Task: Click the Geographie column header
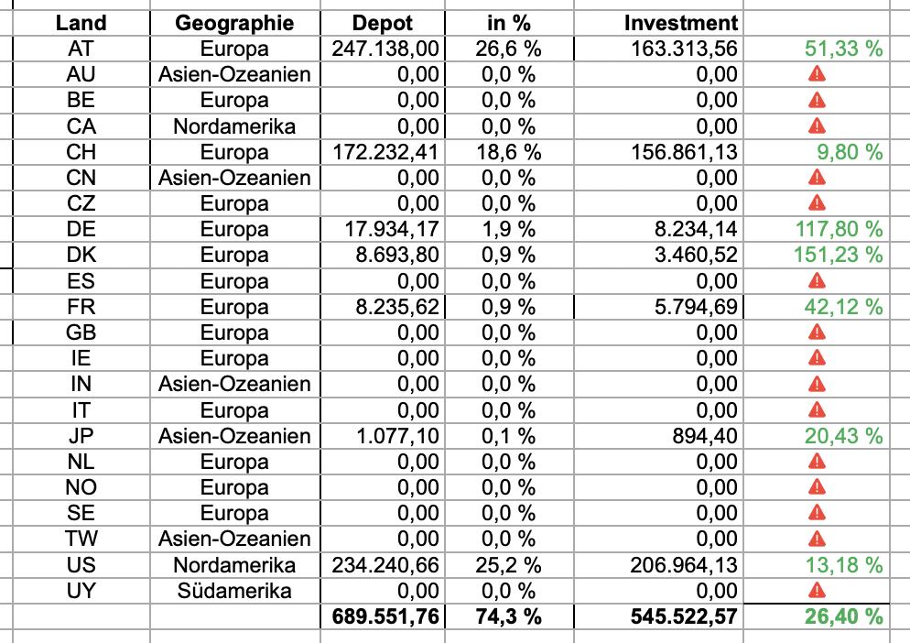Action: point(234,23)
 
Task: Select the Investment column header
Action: point(680,23)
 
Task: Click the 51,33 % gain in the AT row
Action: point(843,49)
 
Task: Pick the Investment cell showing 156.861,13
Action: point(684,152)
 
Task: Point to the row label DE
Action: point(81,229)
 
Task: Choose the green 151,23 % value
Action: point(843,255)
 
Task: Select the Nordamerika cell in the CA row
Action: point(234,126)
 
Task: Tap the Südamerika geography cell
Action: point(234,591)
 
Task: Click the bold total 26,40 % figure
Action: point(843,616)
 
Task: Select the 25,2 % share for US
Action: point(508,565)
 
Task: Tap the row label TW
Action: point(81,539)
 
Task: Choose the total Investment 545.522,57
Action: point(684,616)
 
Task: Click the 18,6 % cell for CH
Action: point(508,152)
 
